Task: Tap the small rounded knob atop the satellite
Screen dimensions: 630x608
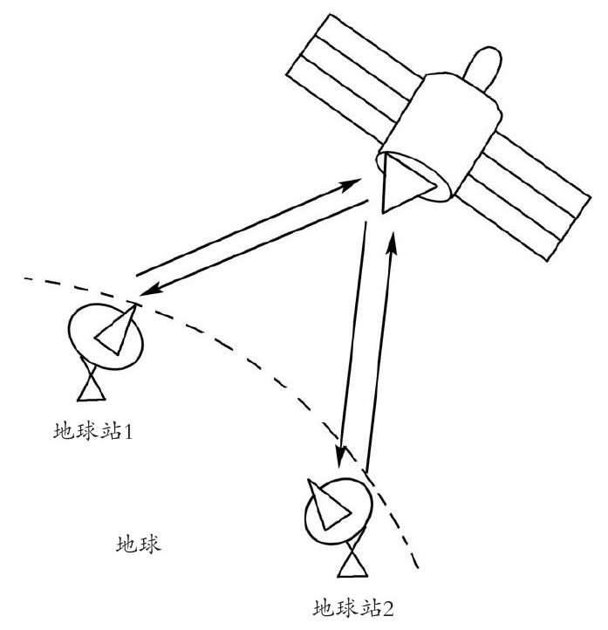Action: (x=482, y=70)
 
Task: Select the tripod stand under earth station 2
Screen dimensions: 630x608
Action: (x=352, y=561)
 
